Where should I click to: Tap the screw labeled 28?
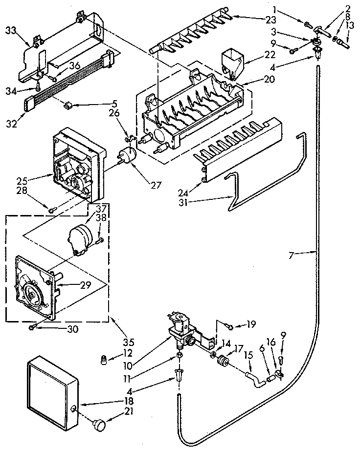click(x=51, y=209)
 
